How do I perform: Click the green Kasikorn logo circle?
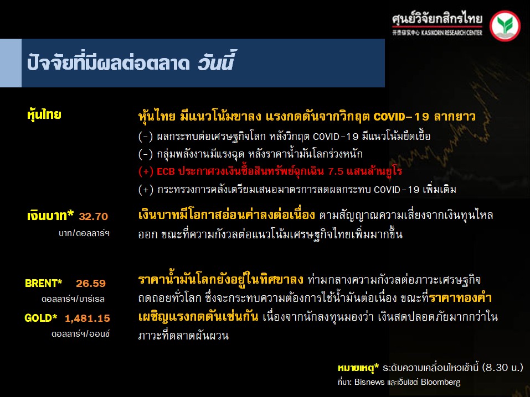[505, 26]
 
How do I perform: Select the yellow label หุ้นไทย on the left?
[44, 115]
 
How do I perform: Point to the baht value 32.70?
[93, 216]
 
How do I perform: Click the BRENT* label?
[44, 283]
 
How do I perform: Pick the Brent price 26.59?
[91, 283]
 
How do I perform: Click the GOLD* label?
[41, 318]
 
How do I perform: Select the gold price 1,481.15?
[88, 318]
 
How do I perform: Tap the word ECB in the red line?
[166, 171]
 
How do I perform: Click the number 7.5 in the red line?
[336, 171]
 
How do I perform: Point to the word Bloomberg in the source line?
[440, 382]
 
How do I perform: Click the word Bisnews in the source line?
[369, 382]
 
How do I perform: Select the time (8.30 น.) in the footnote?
[503, 367]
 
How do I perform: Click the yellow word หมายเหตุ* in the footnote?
[358, 368]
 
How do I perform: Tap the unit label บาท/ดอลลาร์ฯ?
[84, 233]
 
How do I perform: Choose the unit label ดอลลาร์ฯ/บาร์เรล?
[73, 299]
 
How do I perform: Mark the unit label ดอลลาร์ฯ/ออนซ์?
[80, 334]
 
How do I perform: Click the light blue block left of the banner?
[11, 63]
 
